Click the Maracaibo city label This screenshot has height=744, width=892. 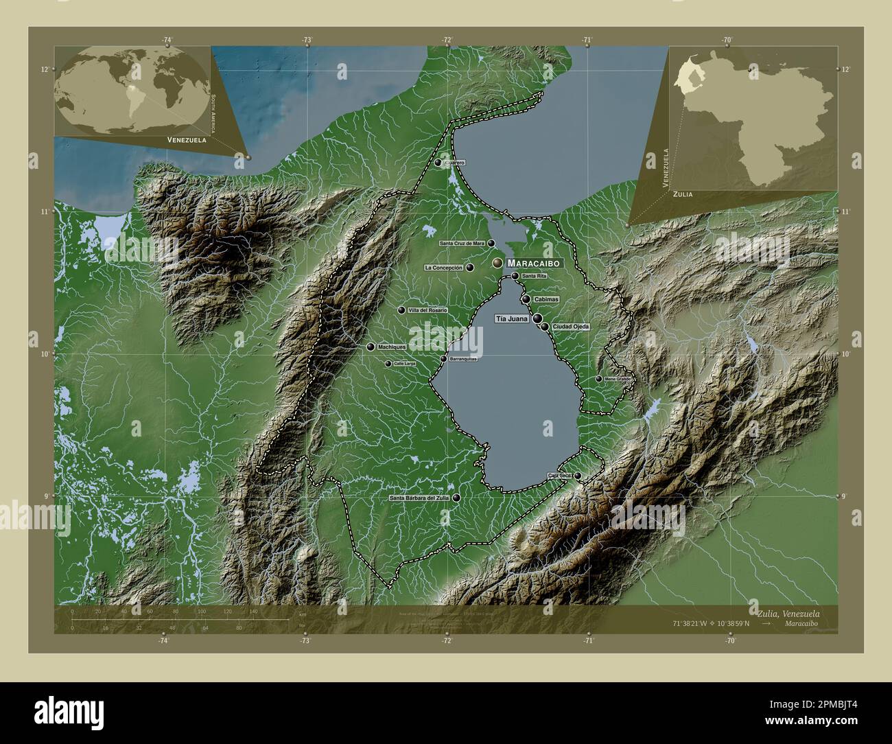tap(535, 264)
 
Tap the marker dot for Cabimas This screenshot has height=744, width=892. tap(526, 299)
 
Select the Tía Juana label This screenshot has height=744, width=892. tap(512, 319)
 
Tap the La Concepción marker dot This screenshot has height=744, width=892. tap(470, 268)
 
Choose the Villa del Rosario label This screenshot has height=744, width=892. tap(427, 311)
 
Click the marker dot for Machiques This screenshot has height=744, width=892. tap(371, 347)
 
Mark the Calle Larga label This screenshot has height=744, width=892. tap(405, 364)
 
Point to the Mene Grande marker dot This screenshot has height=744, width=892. tap(598, 379)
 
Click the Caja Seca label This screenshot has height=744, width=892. tap(560, 476)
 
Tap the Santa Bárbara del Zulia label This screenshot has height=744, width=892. tap(419, 498)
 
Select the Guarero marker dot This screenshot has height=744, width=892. tap(438, 163)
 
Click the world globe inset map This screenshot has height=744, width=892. tap(132, 91)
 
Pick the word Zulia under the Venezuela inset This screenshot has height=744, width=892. tap(682, 195)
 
